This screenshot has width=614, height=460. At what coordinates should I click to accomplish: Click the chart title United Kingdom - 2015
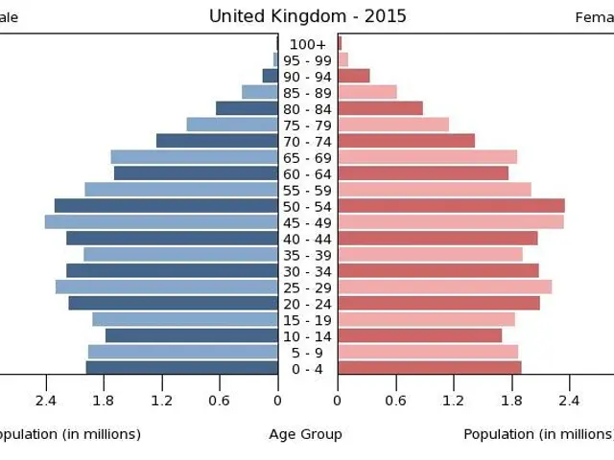(x=307, y=16)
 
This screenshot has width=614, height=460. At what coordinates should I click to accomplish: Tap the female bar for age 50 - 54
(x=451, y=206)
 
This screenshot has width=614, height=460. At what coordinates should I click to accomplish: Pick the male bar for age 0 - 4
(x=181, y=368)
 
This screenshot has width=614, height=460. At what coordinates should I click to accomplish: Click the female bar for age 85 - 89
(x=367, y=92)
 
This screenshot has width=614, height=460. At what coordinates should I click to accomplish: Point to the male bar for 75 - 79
(x=232, y=125)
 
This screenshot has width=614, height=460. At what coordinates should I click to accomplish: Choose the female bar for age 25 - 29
(x=444, y=287)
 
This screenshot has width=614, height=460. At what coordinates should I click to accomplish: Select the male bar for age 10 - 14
(x=191, y=335)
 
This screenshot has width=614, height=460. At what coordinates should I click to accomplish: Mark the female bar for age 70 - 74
(x=406, y=141)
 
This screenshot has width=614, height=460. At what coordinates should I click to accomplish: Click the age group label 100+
(x=308, y=44)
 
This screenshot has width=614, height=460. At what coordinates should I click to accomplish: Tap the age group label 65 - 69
(x=308, y=157)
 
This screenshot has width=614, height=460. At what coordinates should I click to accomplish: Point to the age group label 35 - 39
(x=308, y=255)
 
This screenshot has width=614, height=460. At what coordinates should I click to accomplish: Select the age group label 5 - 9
(x=308, y=352)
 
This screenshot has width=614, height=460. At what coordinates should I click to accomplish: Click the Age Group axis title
(x=305, y=434)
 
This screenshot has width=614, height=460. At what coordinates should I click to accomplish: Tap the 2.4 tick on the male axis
(x=46, y=401)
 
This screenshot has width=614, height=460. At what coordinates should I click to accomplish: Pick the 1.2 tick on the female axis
(x=453, y=401)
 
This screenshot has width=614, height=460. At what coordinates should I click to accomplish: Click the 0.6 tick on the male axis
(x=220, y=401)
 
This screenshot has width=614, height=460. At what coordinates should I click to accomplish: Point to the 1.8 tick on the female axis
(x=510, y=401)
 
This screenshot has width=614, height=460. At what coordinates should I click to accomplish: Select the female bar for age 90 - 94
(x=353, y=76)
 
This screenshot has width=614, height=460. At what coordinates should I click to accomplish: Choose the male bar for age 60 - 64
(x=196, y=173)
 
